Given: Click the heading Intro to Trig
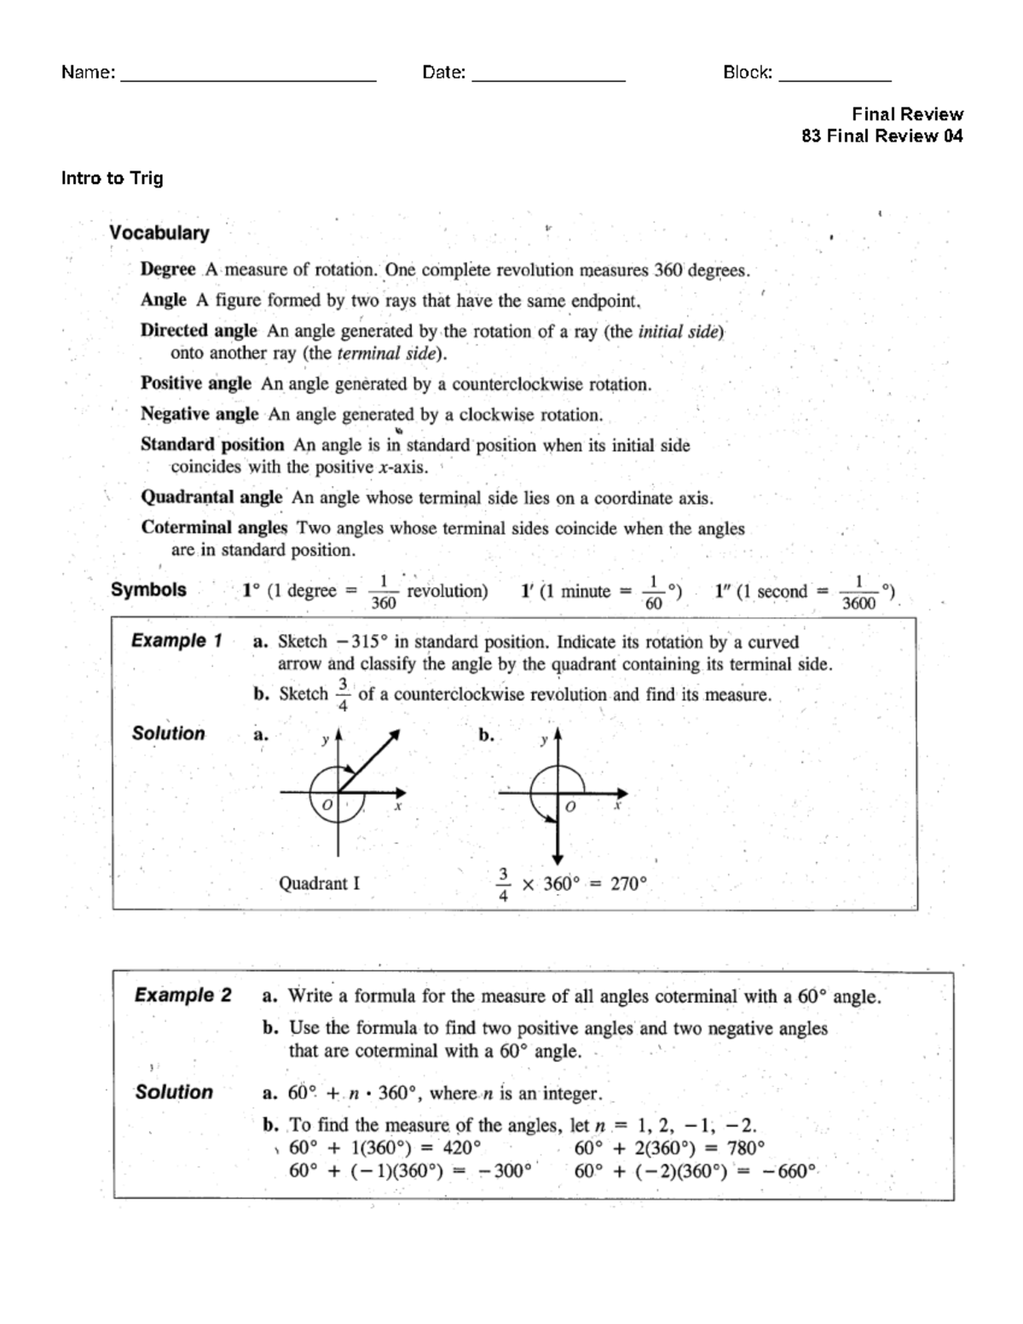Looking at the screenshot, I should point(112,178).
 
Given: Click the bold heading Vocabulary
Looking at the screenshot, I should point(159,233).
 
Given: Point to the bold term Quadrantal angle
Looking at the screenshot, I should point(211,497).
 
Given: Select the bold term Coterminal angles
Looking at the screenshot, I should point(214,528).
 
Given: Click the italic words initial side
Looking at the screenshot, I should point(679,332).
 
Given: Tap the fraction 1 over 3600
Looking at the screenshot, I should point(858,593).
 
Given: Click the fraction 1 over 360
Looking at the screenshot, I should point(384,593).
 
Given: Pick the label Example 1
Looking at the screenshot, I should point(176,640).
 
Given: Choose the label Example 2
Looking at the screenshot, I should point(182,995).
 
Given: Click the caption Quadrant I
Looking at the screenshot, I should point(319,883).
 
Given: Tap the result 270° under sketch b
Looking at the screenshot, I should point(628,884).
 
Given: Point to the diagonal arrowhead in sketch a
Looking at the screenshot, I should point(394,735).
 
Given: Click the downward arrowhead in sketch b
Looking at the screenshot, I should point(557,859).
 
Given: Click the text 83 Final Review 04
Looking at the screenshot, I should point(881,136).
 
